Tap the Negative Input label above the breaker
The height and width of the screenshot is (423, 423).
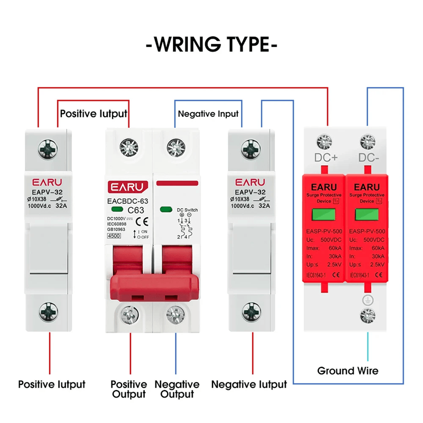point(208,114)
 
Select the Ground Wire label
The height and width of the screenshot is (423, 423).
point(347,371)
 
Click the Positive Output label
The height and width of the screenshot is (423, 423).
point(128,389)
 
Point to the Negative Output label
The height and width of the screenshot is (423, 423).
point(177,389)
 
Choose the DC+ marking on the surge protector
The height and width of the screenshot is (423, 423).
point(326,158)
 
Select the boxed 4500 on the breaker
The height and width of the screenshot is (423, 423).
point(114,236)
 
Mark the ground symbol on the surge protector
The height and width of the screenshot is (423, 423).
point(364,300)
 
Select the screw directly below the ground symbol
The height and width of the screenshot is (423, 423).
point(365,316)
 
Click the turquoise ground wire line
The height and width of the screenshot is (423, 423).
point(364,344)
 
